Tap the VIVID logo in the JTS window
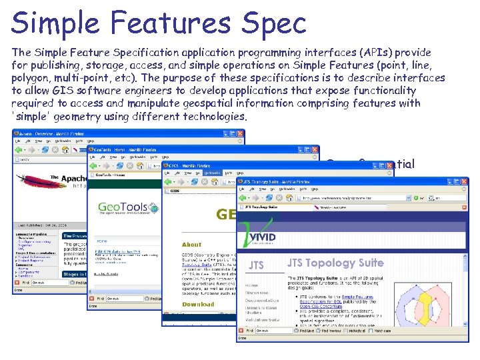coord(261,238)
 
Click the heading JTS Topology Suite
coord(335,262)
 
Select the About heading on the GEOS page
coord(192,245)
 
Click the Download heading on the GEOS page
coord(198,304)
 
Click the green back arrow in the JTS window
coord(244,198)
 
